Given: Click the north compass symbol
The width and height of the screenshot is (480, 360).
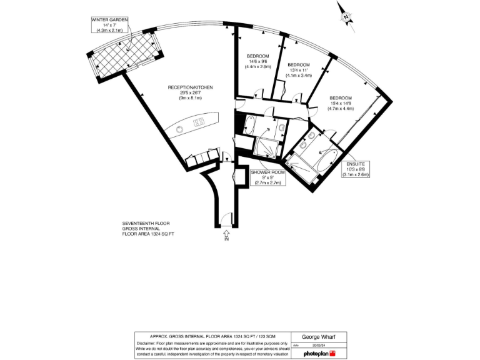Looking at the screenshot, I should point(345,16).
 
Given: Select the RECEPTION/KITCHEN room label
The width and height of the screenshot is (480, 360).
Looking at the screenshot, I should point(191,92).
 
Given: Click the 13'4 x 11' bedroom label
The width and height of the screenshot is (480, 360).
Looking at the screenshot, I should point(298,70).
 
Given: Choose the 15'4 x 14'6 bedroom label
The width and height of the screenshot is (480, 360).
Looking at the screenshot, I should point(341,103).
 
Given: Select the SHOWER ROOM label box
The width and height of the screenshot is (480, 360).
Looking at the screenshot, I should point(267,177).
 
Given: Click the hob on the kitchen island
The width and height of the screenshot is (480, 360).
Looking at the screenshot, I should point(200,121).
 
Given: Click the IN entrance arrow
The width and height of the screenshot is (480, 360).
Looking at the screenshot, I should point(226,236).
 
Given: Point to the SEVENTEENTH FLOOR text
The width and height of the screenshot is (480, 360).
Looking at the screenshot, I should point(146,223).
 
